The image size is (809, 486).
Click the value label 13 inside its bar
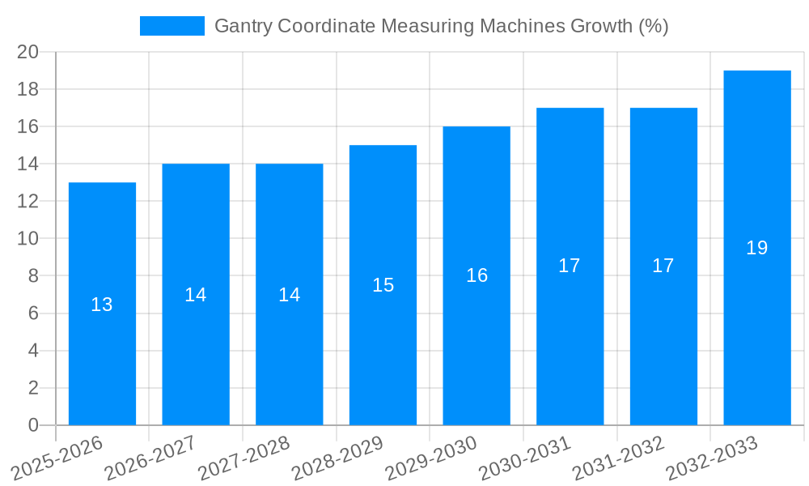[x=102, y=305]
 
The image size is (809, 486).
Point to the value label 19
[x=757, y=248]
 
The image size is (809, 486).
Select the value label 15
[x=383, y=285]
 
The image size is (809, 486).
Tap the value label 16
[x=477, y=275]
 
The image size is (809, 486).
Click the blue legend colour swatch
[x=172, y=26]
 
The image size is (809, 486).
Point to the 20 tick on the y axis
[x=28, y=52]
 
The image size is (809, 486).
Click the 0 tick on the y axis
[x=33, y=425]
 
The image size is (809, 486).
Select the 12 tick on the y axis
[x=28, y=201]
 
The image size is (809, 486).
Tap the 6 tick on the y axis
[x=33, y=313]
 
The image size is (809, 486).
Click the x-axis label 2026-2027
[x=150, y=458]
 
